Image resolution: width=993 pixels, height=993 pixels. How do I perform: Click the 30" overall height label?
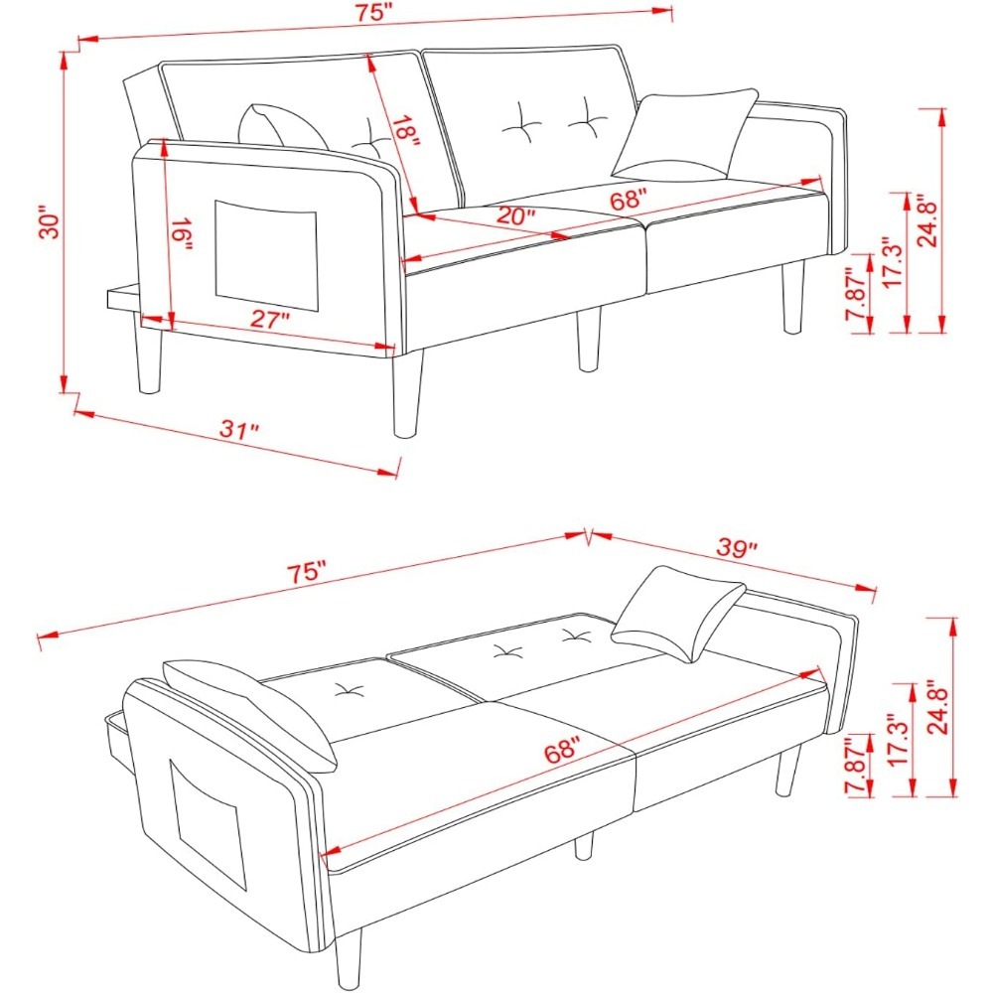(x=50, y=221)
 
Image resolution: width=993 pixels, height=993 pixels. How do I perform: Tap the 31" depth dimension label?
(x=239, y=430)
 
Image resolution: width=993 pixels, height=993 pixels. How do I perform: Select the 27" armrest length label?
(x=269, y=320)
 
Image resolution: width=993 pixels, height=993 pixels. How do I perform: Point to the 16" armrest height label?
(x=182, y=235)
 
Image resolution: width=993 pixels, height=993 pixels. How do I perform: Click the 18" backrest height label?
(x=405, y=132)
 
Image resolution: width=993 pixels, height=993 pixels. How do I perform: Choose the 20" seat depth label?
(x=515, y=215)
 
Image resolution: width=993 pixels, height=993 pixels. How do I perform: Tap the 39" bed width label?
(x=737, y=547)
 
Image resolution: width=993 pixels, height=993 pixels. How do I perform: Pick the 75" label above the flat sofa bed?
(x=307, y=572)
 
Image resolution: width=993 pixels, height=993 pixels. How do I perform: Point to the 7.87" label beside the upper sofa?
(x=856, y=294)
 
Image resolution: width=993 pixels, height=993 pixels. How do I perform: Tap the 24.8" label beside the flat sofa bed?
(x=938, y=707)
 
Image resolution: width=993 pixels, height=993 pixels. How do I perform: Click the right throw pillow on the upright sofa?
(x=684, y=134)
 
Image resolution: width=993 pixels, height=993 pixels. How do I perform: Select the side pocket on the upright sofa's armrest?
(x=266, y=255)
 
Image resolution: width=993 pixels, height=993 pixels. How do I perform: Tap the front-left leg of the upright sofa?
(x=406, y=392)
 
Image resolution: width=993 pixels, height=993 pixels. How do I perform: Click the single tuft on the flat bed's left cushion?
(x=349, y=691)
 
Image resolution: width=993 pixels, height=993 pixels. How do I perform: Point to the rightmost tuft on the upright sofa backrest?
(x=589, y=116)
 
